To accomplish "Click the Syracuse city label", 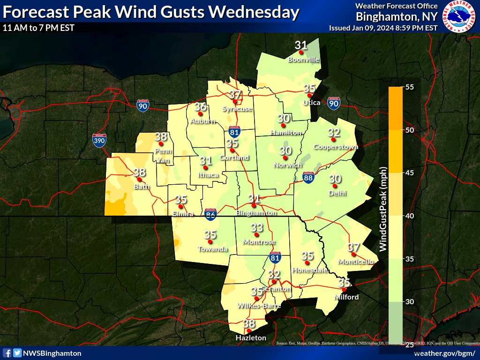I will tap(237, 109).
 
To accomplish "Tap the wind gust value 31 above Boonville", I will tap(301, 45).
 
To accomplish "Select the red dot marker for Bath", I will tap(139, 179).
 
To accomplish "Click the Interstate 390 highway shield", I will tap(99, 140).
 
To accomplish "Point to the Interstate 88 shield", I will tap(308, 177).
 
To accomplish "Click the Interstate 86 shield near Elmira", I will tap(211, 215).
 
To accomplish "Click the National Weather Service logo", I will tap(459, 16).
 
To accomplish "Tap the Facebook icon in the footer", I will tap(7, 353).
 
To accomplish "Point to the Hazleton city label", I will tap(251, 337).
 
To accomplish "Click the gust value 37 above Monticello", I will tap(354, 247).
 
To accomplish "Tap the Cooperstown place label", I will tap(336, 147).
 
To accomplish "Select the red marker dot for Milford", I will tap(344, 290).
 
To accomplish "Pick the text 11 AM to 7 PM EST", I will tap(38, 28).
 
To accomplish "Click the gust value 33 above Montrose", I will tap(256, 228).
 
